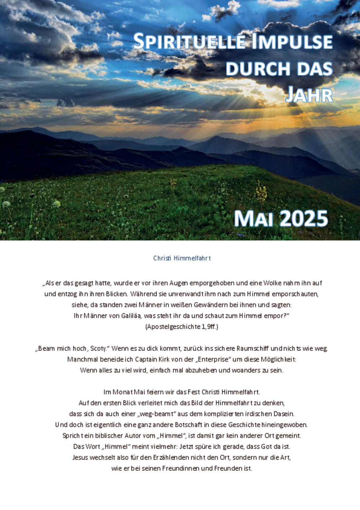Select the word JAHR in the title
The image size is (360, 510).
(x=309, y=95)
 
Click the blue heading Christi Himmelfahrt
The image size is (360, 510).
(x=182, y=258)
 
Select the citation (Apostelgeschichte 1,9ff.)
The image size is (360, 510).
(x=182, y=327)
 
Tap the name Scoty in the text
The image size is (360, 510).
(x=99, y=348)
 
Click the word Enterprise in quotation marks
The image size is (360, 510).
(x=213, y=359)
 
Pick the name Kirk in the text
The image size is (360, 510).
(x=164, y=359)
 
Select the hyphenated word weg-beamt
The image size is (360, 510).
(x=156, y=414)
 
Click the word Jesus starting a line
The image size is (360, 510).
(x=80, y=457)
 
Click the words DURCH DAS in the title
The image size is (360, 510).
(x=279, y=68)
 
